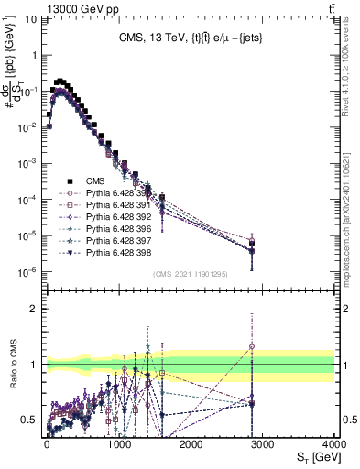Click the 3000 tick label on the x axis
point(263,444)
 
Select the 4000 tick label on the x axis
point(333,444)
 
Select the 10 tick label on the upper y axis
point(29,18)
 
